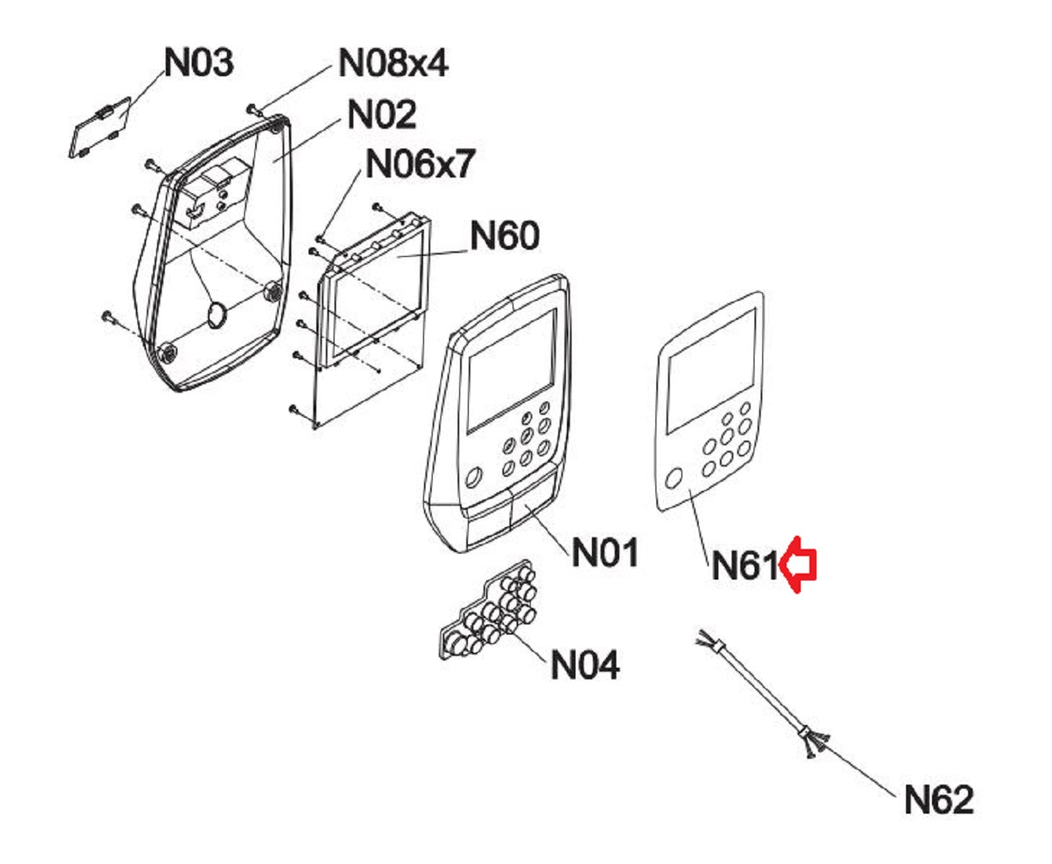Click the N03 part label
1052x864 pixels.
199,61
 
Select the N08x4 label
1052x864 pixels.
393,61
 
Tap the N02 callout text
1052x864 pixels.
382,115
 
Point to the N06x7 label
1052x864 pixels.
421,164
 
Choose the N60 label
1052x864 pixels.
505,235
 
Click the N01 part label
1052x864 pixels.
605,552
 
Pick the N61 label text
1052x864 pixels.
744,565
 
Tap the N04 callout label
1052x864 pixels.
585,664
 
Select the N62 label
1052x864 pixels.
939,800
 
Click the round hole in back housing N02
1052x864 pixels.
216,316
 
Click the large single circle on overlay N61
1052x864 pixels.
674,478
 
